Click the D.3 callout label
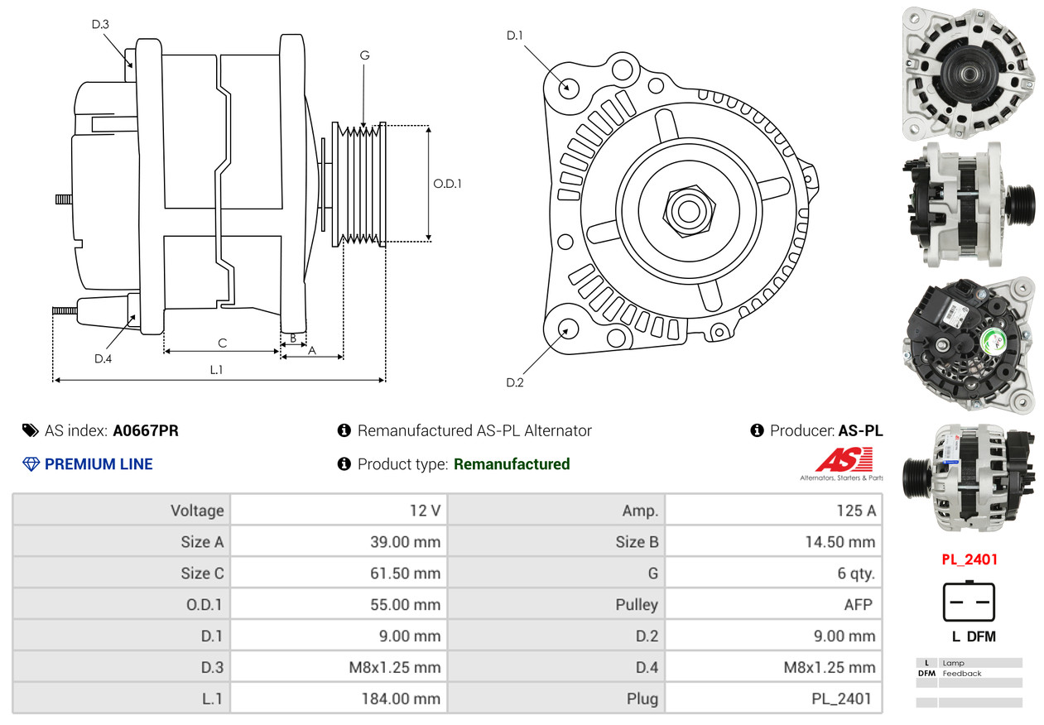coord(100,24)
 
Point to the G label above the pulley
coord(364,55)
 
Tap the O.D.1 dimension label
coord(447,184)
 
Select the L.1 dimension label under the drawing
coord(215,370)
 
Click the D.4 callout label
coord(103,358)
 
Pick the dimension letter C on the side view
coord(222,343)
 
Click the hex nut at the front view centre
coord(686,209)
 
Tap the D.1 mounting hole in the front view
coord(568,87)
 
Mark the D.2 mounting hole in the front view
coord(568,329)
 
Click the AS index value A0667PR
coord(146,430)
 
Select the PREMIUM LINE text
coord(99,464)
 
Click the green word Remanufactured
coord(512,464)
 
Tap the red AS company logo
coord(843,460)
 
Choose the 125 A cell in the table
coord(855,511)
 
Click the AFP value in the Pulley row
coord(858,605)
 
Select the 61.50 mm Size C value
coord(405,574)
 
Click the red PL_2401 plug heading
coord(969,559)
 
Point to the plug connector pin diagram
coord(969,602)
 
